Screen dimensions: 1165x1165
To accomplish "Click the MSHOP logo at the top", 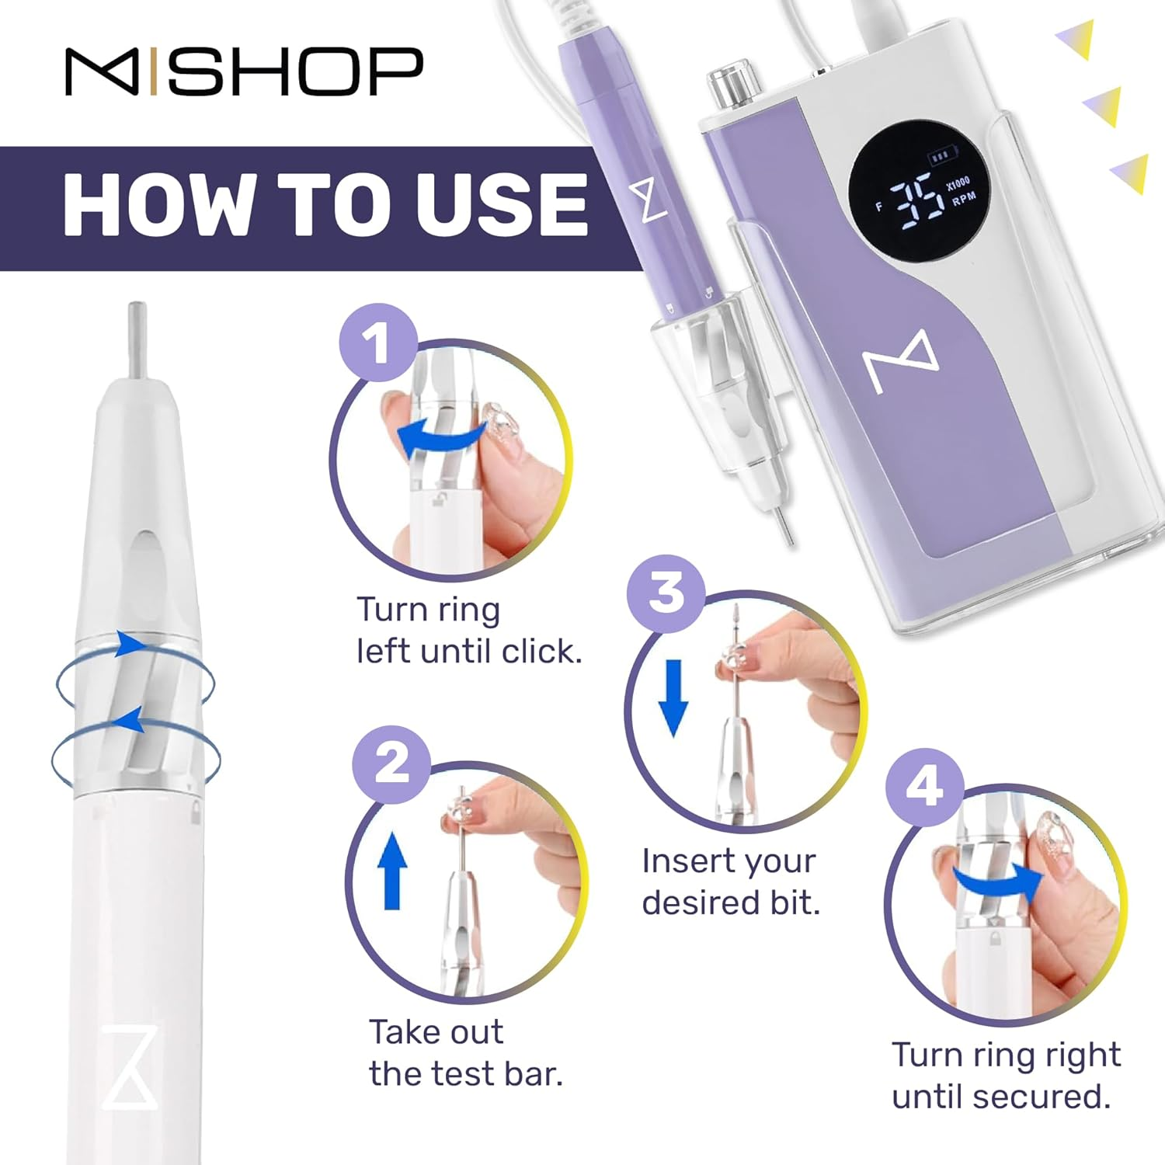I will click(244, 71).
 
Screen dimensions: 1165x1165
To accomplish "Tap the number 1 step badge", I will click(378, 343).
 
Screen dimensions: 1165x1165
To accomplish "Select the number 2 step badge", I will click(391, 764).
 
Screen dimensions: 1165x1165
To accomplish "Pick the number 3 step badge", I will click(666, 593).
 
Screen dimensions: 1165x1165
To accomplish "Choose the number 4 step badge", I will click(924, 787).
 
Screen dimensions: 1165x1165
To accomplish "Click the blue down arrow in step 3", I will click(673, 697).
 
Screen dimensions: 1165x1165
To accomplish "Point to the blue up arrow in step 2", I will click(392, 870).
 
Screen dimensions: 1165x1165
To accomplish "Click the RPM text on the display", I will click(964, 199).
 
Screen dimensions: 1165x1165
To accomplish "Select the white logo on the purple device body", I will click(901, 361).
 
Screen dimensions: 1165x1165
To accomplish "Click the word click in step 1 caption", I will click(541, 651).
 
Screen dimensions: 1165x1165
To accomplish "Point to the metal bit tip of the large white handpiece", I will click(137, 339).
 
